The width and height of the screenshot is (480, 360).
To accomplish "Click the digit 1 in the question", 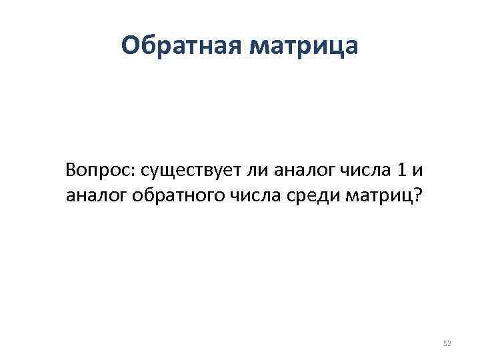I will (399, 171).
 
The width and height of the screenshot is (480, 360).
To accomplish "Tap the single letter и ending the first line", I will (417, 171).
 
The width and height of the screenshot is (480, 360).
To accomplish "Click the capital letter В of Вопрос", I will (71, 171).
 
